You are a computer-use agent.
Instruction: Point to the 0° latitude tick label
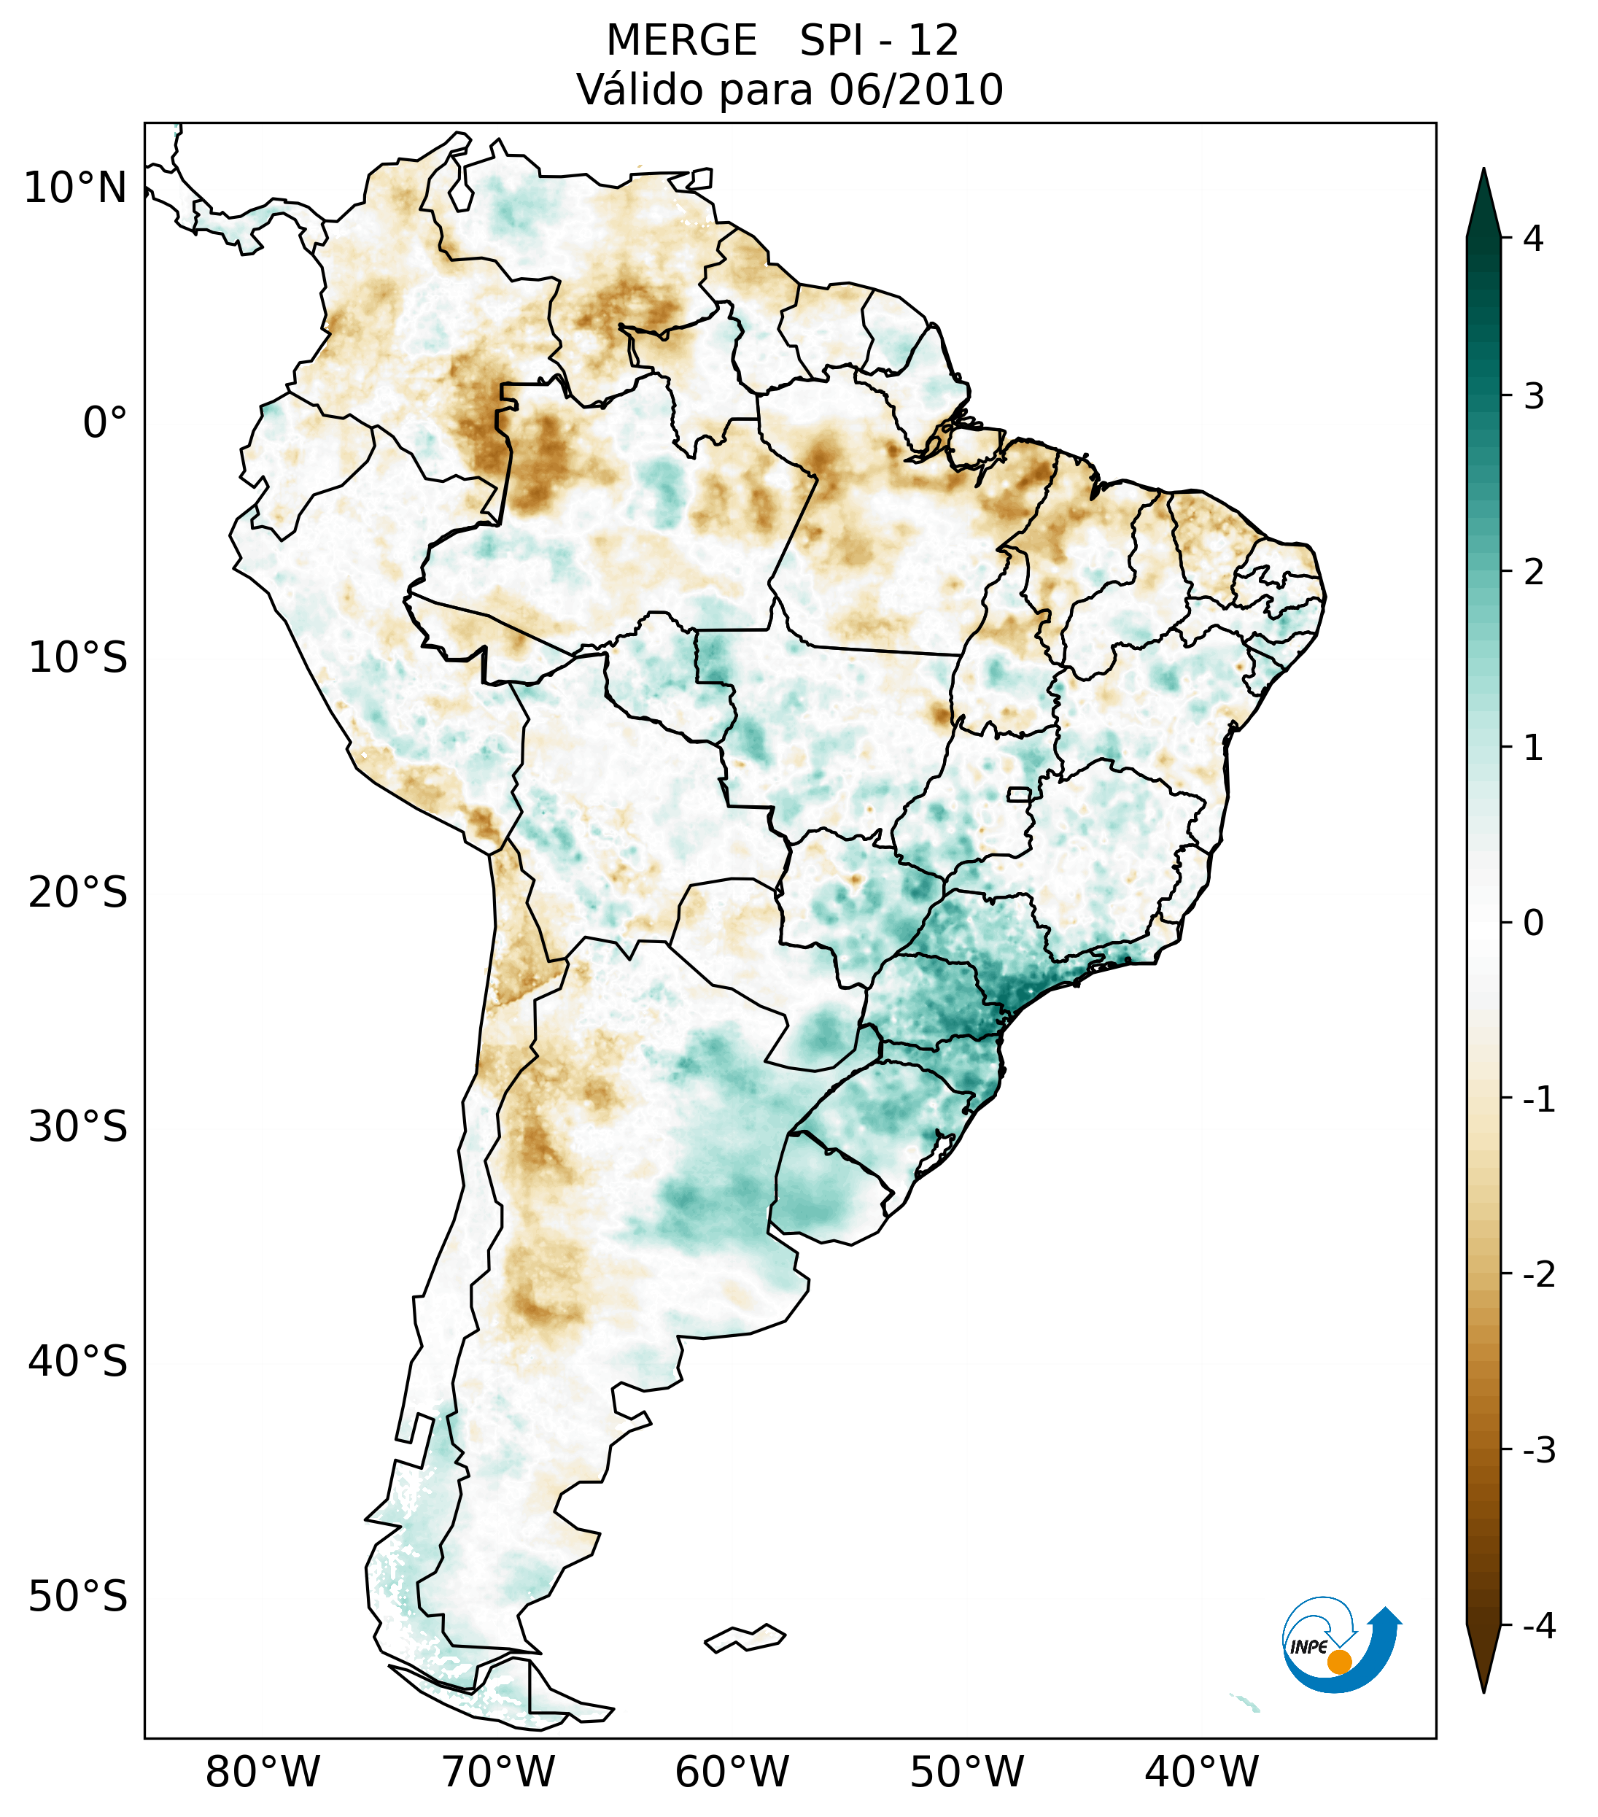tap(105, 423)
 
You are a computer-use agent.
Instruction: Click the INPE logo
tap(1341, 1643)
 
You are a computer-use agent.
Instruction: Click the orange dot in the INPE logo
tap(1338, 1662)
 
